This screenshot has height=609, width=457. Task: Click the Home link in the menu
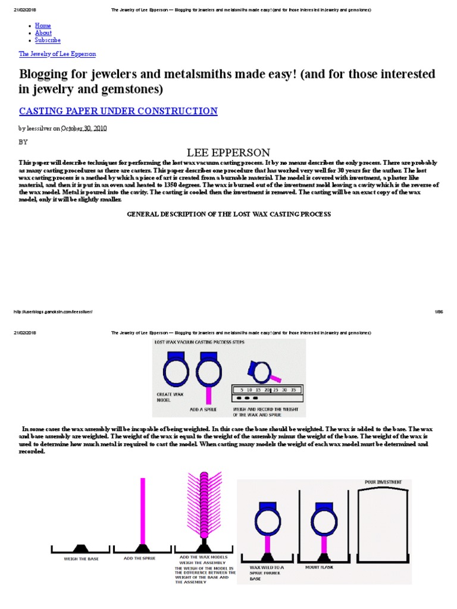43,26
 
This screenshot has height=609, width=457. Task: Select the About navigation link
43,33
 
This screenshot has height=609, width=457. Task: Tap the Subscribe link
48,40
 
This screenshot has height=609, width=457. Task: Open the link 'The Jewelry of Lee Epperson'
57,54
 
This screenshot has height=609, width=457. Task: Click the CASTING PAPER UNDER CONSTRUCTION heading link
118,111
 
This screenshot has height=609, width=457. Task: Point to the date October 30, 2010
84,128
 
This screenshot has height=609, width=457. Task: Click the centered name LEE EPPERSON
228,152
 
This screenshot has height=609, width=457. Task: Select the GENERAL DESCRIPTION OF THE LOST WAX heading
229,214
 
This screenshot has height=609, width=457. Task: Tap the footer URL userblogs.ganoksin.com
53,312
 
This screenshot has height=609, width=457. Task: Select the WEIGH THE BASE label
81,559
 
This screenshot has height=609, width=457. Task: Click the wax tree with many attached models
204,506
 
